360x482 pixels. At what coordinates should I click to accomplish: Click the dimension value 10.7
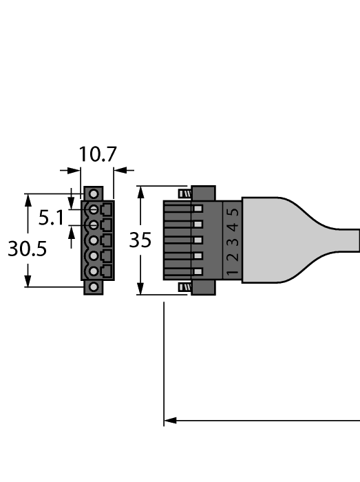96,154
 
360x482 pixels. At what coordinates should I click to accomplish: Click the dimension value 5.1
50,219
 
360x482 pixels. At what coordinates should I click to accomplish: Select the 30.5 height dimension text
27,249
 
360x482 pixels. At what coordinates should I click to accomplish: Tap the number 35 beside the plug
140,240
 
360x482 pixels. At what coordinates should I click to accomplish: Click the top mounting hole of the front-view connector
94,193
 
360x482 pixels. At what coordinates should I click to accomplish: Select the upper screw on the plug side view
184,193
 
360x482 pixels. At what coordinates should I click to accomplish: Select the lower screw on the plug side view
184,287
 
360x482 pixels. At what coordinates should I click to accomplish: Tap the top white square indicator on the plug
198,209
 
